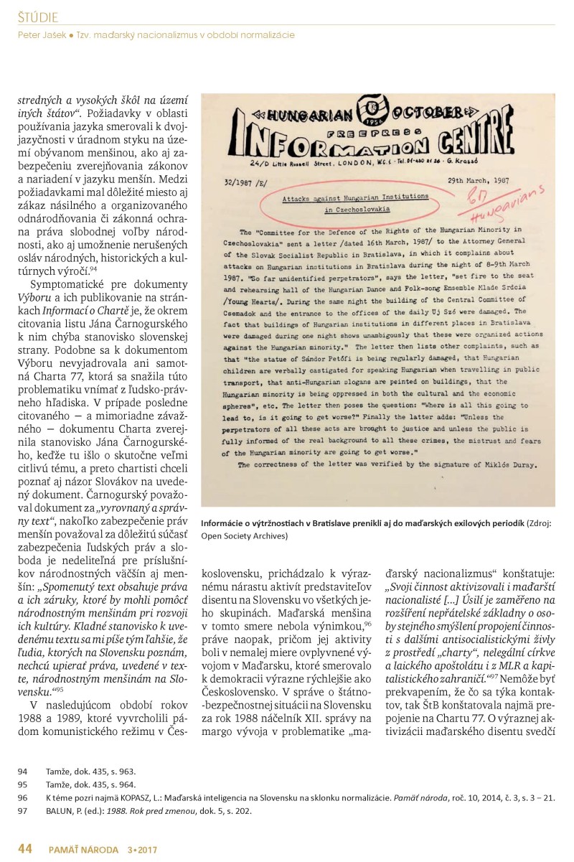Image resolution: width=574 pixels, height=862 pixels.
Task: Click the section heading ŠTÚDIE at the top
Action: [38, 17]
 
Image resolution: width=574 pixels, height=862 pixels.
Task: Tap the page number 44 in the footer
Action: [25, 849]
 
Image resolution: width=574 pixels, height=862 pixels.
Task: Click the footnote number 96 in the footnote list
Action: [22, 797]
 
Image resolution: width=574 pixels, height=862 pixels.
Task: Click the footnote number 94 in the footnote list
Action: [22, 770]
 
